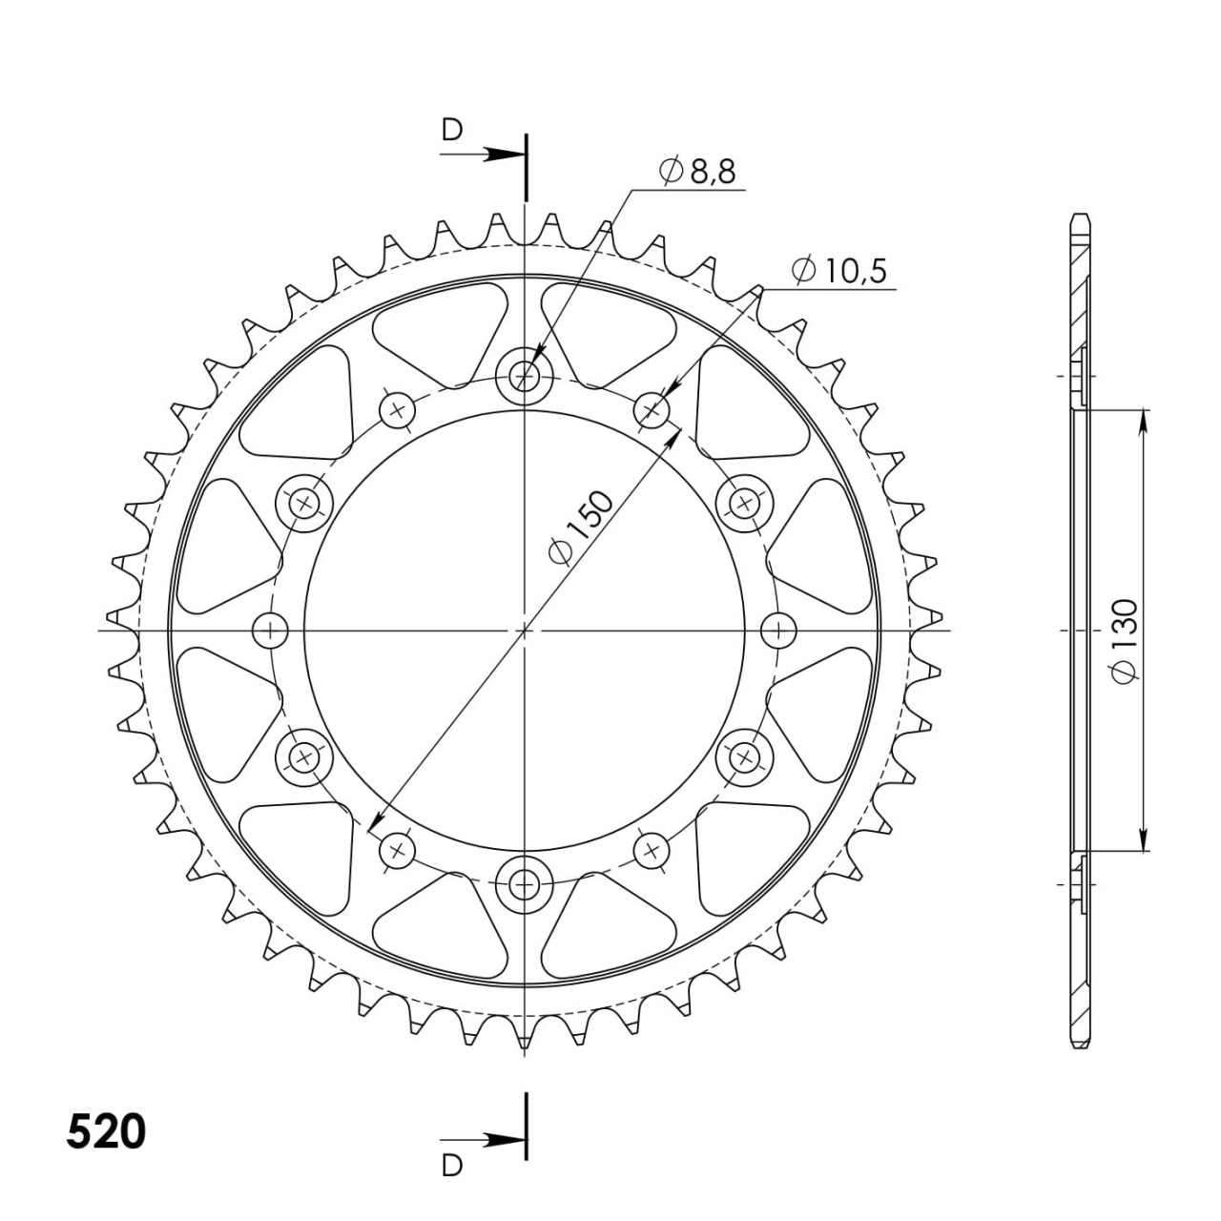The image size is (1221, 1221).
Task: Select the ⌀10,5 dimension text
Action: pyautogui.click(x=838, y=271)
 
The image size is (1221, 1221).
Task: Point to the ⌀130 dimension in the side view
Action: pyautogui.click(x=1126, y=640)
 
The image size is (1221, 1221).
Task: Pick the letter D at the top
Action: pyautogui.click(x=452, y=130)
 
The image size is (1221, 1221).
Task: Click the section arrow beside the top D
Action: pyautogui.click(x=482, y=154)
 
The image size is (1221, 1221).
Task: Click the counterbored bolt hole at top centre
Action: pyautogui.click(x=524, y=377)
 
